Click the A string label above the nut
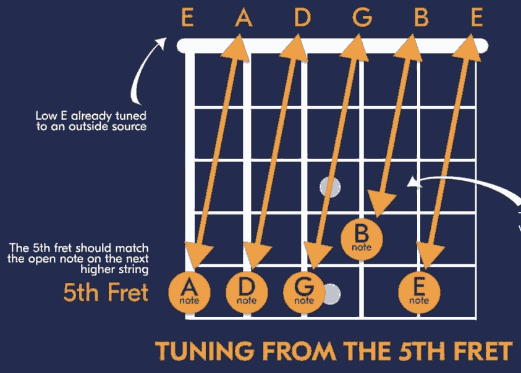[x=244, y=19]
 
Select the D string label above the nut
[x=302, y=19]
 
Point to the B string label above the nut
[x=420, y=19]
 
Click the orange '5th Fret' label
[x=106, y=292]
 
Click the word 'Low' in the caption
[x=45, y=116]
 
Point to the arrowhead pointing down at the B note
[x=381, y=203]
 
